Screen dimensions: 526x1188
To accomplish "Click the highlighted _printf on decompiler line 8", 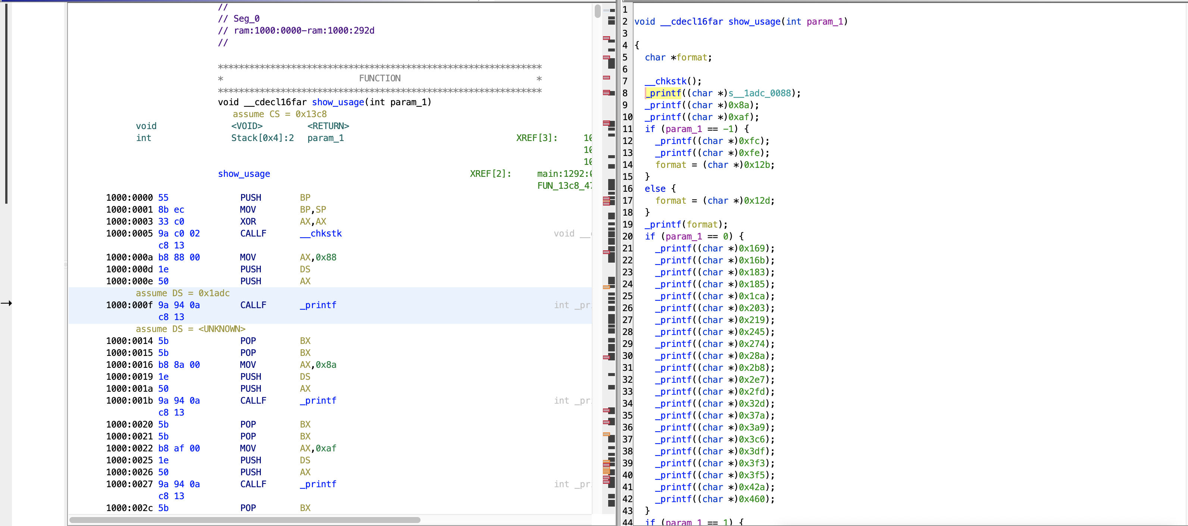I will [x=664, y=93].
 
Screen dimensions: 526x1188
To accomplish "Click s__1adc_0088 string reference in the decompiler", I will [x=760, y=93].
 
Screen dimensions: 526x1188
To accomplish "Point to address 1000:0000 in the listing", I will [x=129, y=198].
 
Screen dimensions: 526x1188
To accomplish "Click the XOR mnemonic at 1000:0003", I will [x=248, y=222].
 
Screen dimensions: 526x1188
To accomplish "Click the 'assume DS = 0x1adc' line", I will [x=182, y=293].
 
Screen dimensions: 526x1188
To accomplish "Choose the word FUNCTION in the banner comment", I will [x=379, y=78].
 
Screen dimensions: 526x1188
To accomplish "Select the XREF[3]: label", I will [x=536, y=138].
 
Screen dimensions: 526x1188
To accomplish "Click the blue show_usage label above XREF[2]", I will [x=244, y=174].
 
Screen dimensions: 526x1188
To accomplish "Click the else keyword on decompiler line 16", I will [x=655, y=188].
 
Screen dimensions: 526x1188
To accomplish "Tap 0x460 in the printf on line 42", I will [x=752, y=499].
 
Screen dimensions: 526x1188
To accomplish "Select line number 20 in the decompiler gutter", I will [x=627, y=237].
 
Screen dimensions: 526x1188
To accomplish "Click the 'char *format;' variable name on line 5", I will [x=692, y=57].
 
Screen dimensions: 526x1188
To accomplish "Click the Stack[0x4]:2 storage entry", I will [x=262, y=138].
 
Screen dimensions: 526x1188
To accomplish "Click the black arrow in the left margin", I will [x=6, y=303].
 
